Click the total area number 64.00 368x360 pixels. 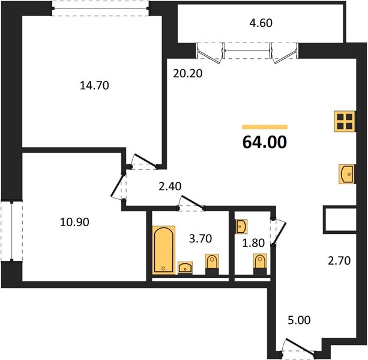(265, 142)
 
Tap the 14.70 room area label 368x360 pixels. (94, 85)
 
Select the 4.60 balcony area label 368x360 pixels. (261, 23)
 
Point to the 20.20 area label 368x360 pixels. (187, 74)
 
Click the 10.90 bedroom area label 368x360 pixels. (74, 222)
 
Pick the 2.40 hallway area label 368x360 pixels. (170, 187)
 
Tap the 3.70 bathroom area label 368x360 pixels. (201, 239)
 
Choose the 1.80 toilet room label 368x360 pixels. (253, 243)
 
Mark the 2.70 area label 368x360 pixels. (339, 260)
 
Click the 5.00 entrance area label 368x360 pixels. (299, 320)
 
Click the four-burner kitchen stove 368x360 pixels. (345, 121)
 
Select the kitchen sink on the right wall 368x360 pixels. (347, 174)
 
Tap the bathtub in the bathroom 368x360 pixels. (164, 250)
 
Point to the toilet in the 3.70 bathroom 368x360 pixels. (212, 264)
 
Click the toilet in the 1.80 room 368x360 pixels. (260, 264)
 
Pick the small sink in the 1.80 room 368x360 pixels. (241, 227)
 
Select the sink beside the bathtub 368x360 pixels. (185, 268)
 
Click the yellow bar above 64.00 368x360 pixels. (265, 127)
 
